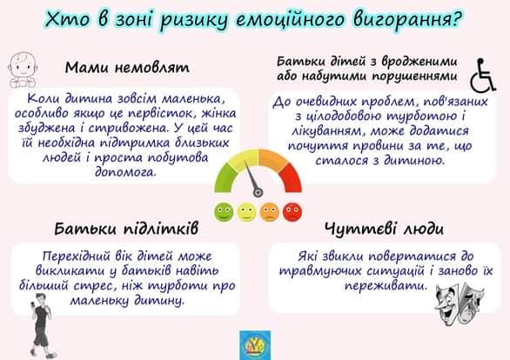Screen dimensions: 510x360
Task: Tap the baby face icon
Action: (x=23, y=70)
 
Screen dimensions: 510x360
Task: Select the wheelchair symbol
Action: (x=483, y=75)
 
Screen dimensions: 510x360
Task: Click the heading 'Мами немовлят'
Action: (x=127, y=68)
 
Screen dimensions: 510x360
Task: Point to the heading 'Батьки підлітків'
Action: (x=126, y=229)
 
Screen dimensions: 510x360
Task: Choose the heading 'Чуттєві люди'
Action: (x=384, y=229)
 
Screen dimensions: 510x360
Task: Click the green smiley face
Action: (x=224, y=211)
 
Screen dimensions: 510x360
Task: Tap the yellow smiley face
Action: (x=246, y=212)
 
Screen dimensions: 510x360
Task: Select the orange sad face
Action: (x=269, y=212)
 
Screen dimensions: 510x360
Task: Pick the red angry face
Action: (x=292, y=212)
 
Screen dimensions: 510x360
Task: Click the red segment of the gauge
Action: (x=292, y=178)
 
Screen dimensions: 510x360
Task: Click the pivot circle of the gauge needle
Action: (x=258, y=193)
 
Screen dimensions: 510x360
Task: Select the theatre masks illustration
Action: (x=460, y=302)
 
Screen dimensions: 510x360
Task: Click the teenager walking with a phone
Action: (x=41, y=326)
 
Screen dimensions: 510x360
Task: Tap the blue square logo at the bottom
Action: (x=255, y=345)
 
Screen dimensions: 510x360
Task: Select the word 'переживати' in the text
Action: (x=386, y=285)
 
